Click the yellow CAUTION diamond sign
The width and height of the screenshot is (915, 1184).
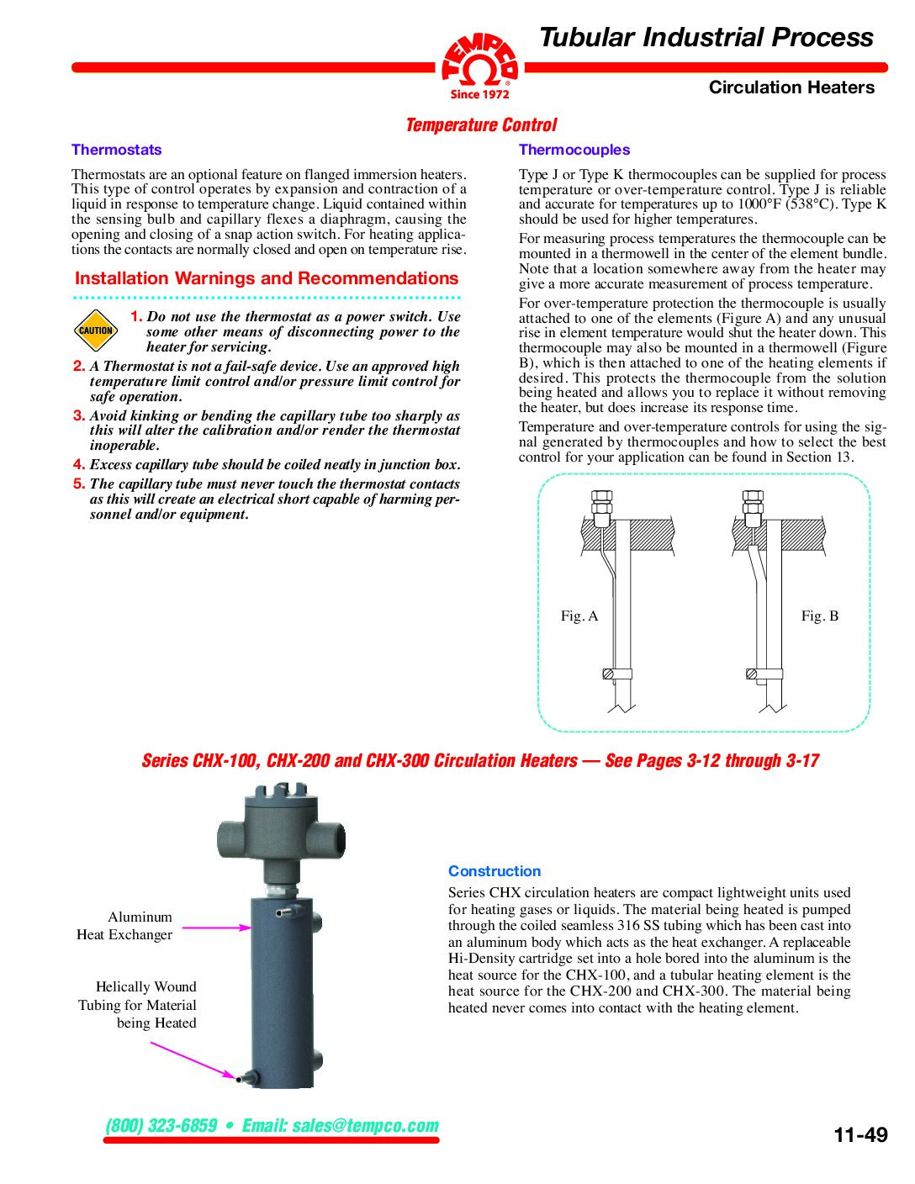[x=95, y=330]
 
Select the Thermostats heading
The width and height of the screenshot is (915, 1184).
[x=116, y=150]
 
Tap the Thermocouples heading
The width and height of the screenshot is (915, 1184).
[x=574, y=150]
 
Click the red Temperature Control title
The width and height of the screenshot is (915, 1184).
[x=480, y=125]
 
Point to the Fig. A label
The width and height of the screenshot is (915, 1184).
[x=579, y=616]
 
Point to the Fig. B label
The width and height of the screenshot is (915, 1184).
[x=819, y=616]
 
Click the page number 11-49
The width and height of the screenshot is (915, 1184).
[x=860, y=1134]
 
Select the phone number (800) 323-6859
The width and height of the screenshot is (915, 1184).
[x=161, y=1125]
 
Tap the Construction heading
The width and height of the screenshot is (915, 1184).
[x=494, y=871]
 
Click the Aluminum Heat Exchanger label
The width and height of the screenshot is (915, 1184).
[x=126, y=926]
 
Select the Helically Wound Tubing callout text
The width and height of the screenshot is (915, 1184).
[x=139, y=1005]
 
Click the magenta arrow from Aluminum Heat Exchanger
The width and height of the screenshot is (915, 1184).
[x=216, y=928]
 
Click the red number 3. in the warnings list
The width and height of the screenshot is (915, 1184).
[x=79, y=415]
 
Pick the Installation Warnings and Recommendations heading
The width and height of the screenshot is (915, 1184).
[x=267, y=278]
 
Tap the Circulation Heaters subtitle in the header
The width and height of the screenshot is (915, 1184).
[x=791, y=87]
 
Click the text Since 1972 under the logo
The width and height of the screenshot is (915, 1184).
[x=479, y=94]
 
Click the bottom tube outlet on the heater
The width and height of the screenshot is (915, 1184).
[x=245, y=1076]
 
